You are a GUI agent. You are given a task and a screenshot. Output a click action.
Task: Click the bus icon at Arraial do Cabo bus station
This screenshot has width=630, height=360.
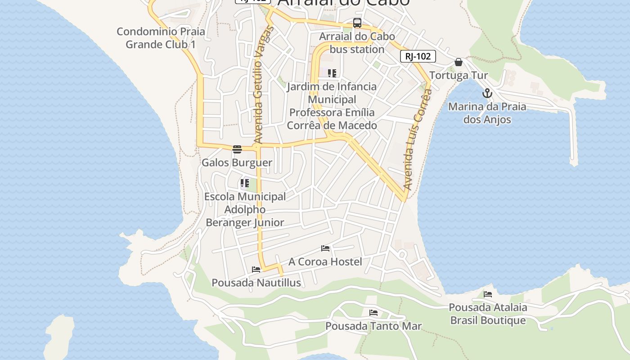click(357, 23)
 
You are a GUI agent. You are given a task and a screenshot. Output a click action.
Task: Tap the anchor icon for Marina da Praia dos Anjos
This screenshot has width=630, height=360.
click(487, 94)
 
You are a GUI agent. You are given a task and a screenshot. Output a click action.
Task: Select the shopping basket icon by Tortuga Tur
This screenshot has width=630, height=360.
click(458, 62)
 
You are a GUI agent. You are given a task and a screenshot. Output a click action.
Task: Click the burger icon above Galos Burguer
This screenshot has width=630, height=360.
click(237, 149)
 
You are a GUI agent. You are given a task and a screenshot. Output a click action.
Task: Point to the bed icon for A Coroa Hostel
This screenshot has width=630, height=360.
click(325, 248)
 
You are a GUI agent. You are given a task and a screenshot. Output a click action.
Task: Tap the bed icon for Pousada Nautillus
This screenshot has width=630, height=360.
click(256, 270)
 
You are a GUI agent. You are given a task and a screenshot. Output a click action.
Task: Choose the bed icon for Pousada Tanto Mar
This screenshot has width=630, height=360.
click(373, 313)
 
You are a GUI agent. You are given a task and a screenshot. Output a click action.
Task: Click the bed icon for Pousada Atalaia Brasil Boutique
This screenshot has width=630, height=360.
click(488, 294)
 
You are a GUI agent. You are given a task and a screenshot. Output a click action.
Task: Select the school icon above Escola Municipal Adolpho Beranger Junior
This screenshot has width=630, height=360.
click(244, 183)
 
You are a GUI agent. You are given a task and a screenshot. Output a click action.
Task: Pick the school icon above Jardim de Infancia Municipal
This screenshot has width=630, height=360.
click(332, 73)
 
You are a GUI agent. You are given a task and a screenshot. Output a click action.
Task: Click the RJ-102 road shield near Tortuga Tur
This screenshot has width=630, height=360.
click(418, 56)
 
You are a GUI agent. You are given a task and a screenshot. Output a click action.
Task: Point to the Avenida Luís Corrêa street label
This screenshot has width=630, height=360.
click(414, 139)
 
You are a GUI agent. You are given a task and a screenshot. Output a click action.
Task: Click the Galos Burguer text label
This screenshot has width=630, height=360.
click(237, 162)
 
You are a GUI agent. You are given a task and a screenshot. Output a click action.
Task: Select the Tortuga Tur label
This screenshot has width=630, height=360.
click(458, 75)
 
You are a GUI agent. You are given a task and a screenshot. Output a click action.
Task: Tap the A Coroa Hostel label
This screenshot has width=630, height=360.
click(325, 261)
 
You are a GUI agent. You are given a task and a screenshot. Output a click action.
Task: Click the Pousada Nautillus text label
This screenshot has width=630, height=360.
click(256, 283)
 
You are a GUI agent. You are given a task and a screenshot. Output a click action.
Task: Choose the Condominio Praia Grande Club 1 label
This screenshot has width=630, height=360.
click(161, 38)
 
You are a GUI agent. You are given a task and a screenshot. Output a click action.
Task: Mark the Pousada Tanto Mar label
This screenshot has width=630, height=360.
click(373, 326)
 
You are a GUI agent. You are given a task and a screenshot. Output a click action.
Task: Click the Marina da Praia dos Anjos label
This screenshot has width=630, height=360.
click(487, 113)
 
